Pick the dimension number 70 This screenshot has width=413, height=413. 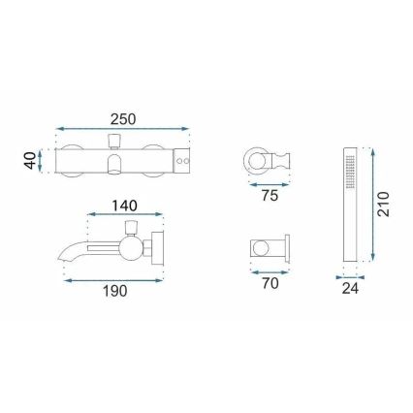point(269,285)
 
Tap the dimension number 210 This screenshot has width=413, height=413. point(384,206)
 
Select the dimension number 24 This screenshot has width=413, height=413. point(350,288)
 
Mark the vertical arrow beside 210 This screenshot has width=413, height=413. point(369,205)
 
